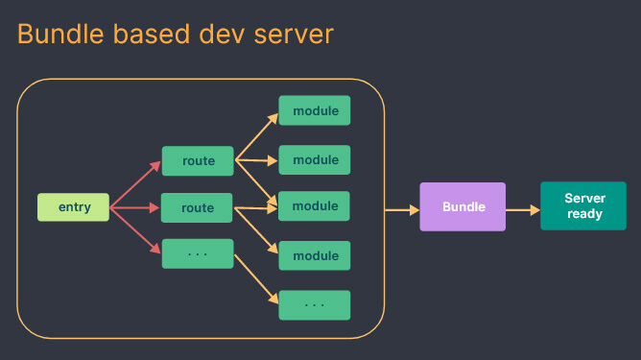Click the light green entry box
(x=74, y=206)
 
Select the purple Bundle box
(x=463, y=206)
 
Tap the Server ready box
(x=584, y=206)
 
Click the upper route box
(x=198, y=160)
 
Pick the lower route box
(x=198, y=207)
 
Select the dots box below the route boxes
(x=198, y=253)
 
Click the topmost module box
(x=315, y=110)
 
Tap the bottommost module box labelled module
(x=315, y=255)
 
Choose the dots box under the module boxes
(x=315, y=304)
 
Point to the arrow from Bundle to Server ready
(x=522, y=208)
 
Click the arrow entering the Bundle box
(x=401, y=208)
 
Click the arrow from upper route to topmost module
(x=256, y=135)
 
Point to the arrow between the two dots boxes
(x=256, y=279)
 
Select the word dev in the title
(x=227, y=35)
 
